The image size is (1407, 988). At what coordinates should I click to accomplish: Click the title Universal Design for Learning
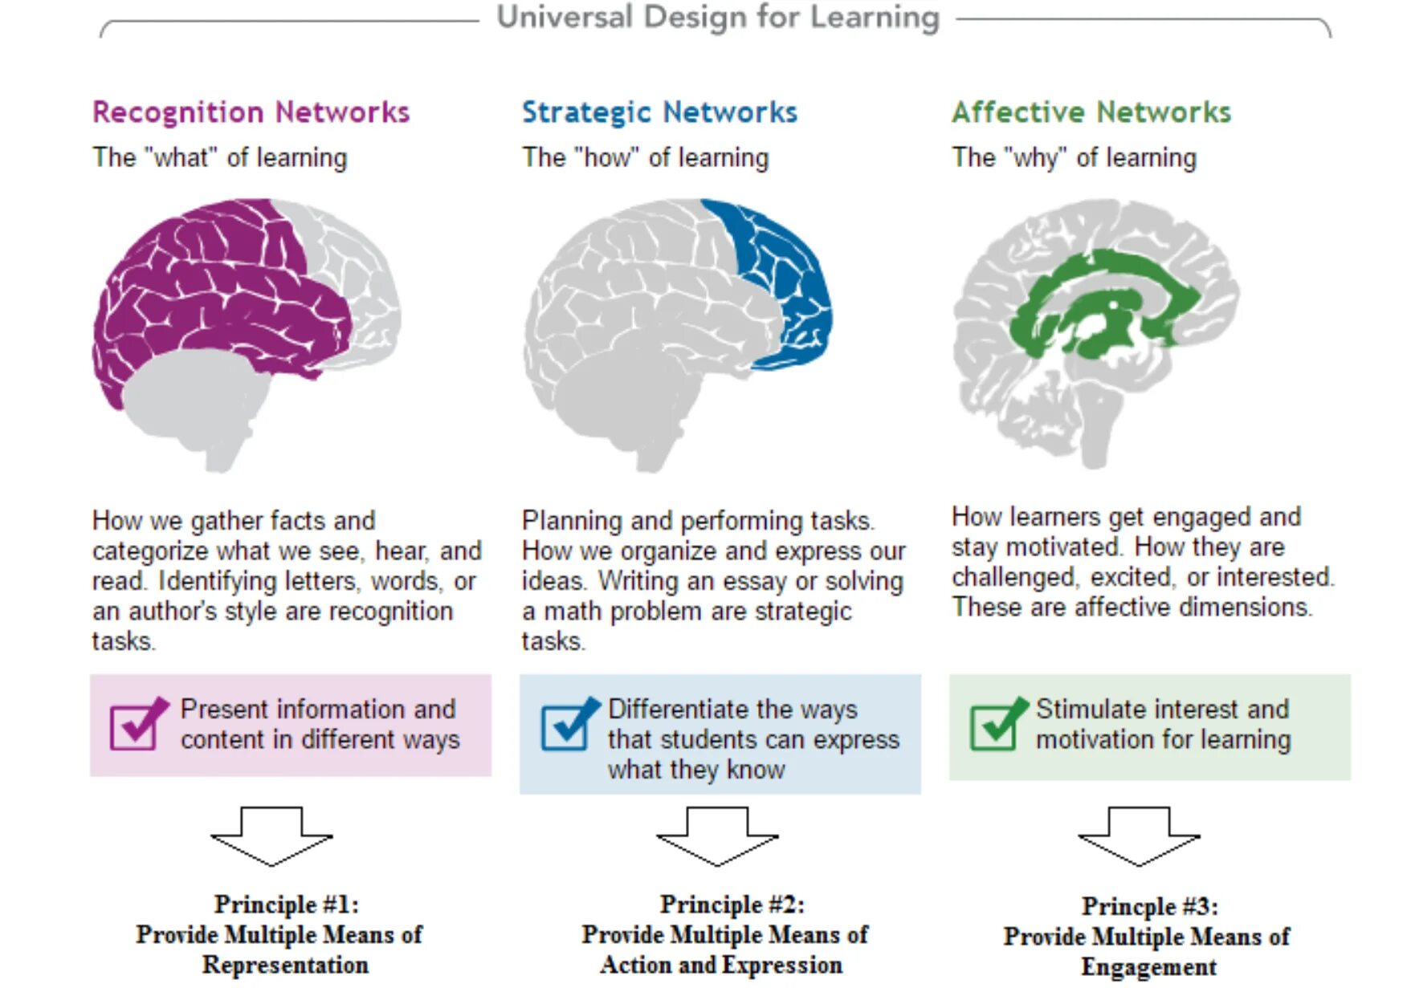click(x=718, y=18)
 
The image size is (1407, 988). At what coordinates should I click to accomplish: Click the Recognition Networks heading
click(x=251, y=112)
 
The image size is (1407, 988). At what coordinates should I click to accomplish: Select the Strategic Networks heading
click(x=659, y=112)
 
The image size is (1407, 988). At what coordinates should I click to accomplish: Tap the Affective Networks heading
click(x=1091, y=112)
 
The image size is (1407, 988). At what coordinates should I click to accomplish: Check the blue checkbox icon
click(x=567, y=724)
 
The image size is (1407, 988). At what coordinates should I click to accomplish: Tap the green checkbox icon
click(x=996, y=724)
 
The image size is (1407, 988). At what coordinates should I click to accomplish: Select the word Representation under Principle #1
click(x=285, y=965)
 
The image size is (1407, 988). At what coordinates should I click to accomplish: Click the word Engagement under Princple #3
click(x=1148, y=967)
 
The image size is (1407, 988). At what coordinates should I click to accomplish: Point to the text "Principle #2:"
click(x=732, y=905)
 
